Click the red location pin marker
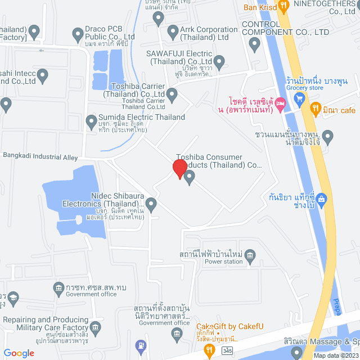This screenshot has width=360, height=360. pyautogui.click(x=179, y=169)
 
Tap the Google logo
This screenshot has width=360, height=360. pyautogui.click(x=19, y=353)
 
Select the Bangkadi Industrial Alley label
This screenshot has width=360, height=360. pyautogui.click(x=40, y=157)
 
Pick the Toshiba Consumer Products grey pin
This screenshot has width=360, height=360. pyautogui.click(x=190, y=178)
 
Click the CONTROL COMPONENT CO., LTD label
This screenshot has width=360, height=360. pyautogui.click(x=285, y=29)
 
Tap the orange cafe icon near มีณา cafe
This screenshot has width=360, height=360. pyautogui.click(x=316, y=107)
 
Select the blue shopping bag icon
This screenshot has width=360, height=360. pyautogui.click(x=321, y=198)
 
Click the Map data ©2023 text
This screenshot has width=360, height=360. pyautogui.click(x=336, y=355)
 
